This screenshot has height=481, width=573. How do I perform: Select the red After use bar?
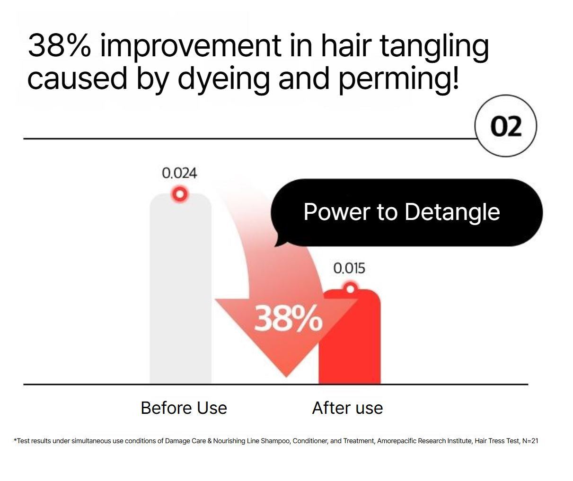tap(350, 345)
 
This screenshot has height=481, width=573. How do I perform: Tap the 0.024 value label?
tap(179, 173)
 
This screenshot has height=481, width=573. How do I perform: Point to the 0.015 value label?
tap(349, 268)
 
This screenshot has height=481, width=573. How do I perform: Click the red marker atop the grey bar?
tap(180, 194)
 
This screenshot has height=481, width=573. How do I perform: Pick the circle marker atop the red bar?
tap(350, 288)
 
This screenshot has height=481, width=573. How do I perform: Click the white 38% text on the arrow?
tap(288, 318)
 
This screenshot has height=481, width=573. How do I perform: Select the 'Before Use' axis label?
tap(184, 408)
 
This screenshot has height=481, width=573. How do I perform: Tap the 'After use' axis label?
tap(347, 408)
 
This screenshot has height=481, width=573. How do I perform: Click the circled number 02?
tap(506, 126)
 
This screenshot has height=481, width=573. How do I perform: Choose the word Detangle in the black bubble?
tap(452, 212)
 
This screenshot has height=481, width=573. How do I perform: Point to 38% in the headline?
tap(59, 46)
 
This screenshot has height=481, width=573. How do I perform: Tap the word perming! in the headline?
tap(399, 79)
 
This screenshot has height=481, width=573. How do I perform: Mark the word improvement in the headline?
tap(191, 46)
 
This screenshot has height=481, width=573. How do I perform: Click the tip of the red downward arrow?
tap(286, 376)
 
